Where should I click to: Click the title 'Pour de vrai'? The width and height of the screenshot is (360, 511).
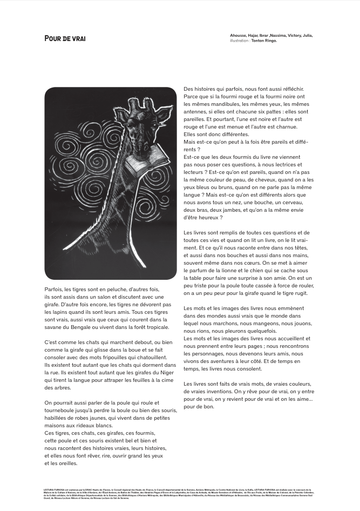click(65, 38)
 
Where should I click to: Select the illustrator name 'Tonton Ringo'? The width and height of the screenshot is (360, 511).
click(264, 41)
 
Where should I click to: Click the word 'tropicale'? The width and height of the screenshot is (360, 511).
click(153, 327)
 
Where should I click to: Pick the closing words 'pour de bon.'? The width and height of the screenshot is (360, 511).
click(199, 406)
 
